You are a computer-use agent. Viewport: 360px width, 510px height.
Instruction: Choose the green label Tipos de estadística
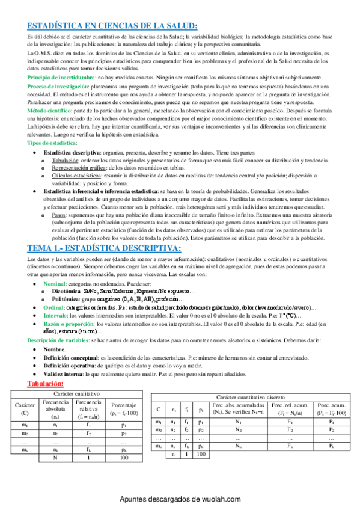pos(52,143)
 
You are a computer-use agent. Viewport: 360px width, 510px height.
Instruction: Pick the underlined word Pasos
pos(59,197)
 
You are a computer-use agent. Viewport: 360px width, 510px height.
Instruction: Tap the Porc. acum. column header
pos(331,410)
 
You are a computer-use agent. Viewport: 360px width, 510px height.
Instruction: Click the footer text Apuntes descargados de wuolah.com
pos(180,499)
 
